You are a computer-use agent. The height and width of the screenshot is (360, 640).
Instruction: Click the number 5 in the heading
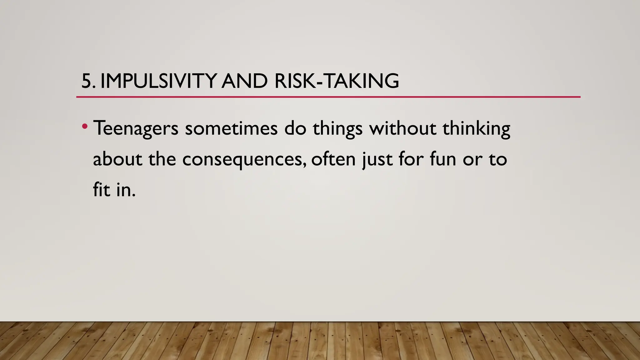click(x=86, y=81)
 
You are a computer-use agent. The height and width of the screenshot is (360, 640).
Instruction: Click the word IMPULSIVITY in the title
click(x=158, y=81)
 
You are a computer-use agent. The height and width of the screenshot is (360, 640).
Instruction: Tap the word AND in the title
click(x=244, y=81)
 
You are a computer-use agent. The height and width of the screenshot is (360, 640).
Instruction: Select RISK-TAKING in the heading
click(x=337, y=81)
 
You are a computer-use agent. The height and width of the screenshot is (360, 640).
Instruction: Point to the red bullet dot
click(x=84, y=127)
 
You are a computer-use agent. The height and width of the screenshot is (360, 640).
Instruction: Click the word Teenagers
click(x=136, y=128)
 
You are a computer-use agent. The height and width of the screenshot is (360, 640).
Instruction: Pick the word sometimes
click(x=231, y=128)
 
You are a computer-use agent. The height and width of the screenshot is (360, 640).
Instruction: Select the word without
click(x=402, y=128)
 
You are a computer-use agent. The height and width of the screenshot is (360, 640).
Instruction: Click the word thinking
click(x=476, y=128)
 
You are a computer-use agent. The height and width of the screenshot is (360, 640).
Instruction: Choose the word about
click(x=117, y=159)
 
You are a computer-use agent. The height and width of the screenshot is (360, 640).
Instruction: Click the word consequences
click(x=244, y=160)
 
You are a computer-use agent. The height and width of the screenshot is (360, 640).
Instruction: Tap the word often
click(x=333, y=159)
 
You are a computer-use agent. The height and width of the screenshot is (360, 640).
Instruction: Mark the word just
click(x=377, y=160)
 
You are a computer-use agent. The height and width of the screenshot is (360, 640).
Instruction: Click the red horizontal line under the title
click(x=328, y=97)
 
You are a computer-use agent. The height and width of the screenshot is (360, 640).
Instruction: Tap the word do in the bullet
click(x=295, y=128)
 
